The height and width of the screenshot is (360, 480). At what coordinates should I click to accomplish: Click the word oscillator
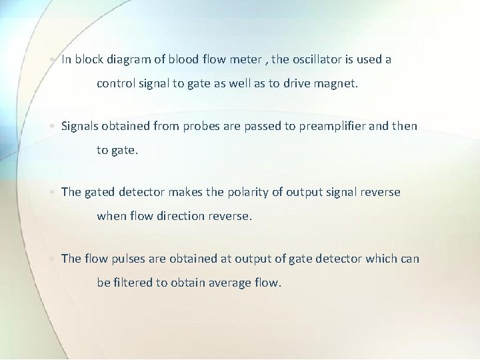coord(314,59)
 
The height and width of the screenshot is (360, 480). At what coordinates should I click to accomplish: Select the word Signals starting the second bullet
coord(81,126)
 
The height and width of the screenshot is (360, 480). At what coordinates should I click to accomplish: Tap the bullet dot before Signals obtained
coord(53,126)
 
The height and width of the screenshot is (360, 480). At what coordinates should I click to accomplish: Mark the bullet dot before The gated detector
coord(53,192)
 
